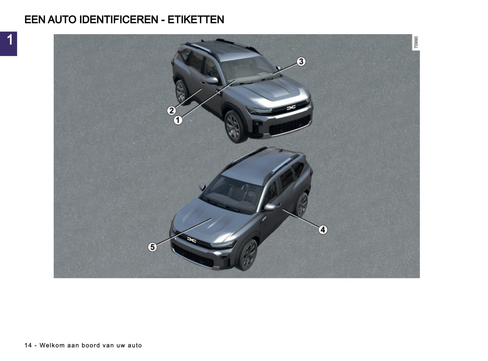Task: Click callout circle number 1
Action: coord(178,120)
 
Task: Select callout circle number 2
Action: coord(172,110)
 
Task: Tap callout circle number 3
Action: coord(301,61)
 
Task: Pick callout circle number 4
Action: coord(323,229)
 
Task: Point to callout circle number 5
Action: coord(153,247)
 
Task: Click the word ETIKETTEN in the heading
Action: coord(196,20)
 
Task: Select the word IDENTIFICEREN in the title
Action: coord(119,20)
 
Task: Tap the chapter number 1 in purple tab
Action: coord(9,40)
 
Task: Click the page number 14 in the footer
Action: coord(28,345)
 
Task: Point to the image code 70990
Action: coord(416,43)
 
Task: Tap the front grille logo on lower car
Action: coord(191,240)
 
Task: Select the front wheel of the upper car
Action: coord(233,126)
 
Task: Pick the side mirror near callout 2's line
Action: coord(213,81)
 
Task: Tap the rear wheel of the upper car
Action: coord(181,91)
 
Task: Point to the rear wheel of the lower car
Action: coord(302,204)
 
